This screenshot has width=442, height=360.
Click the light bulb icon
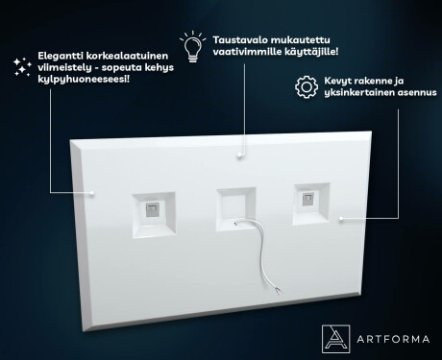pos(193,46)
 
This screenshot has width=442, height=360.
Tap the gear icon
pos(307,86)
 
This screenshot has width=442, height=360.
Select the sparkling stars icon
pos(22,67)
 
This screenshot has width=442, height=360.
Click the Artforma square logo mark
pos(335,339)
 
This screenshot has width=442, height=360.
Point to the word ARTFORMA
pos(393,339)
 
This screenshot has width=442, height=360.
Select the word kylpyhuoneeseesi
pos(83,79)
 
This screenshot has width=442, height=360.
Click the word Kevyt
pos(337,81)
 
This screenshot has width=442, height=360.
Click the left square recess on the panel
pos(154,215)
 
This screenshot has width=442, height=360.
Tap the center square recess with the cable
pos(236,209)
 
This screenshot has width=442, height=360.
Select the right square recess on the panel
pos(311,204)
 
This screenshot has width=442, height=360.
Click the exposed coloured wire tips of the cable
pos(279,291)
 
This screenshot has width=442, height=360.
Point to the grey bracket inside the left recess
pos(151,209)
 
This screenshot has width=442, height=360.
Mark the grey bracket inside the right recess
pos(307,199)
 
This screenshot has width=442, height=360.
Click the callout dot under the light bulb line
pos(239,156)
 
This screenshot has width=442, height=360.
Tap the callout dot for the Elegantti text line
pos(92,193)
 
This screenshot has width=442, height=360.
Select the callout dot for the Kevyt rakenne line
pos(341,219)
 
